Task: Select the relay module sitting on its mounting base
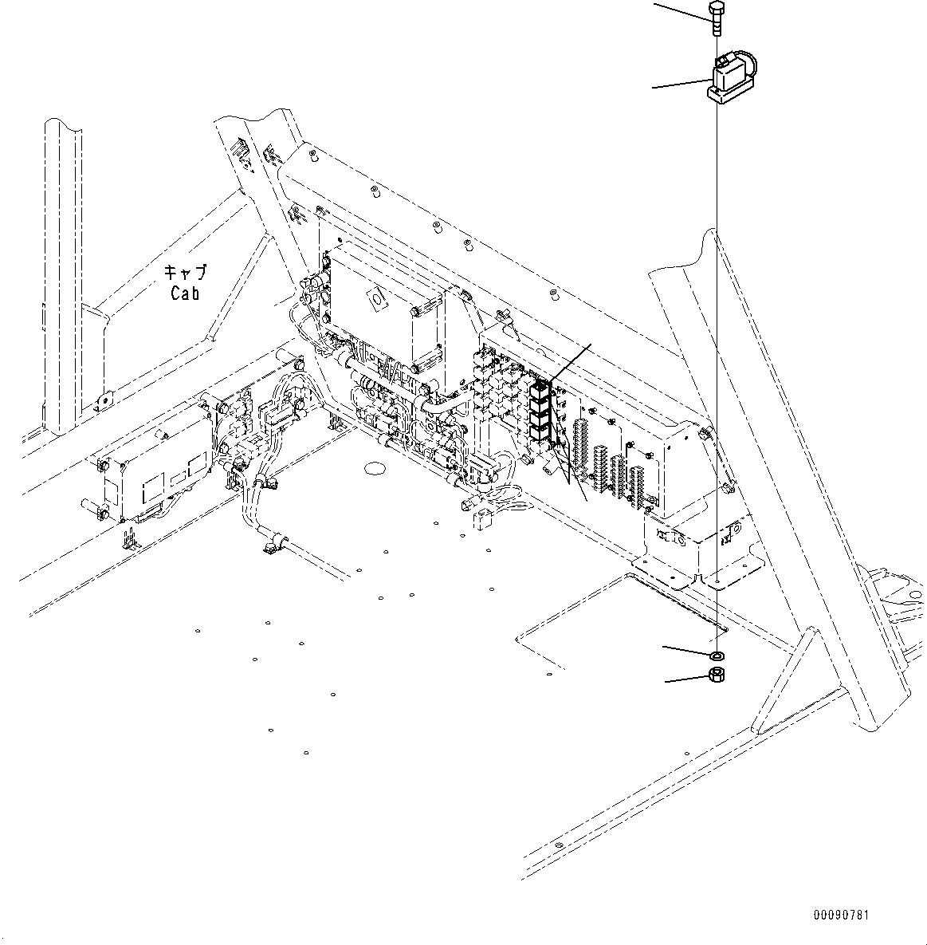[x=730, y=80]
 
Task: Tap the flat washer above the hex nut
[x=717, y=656]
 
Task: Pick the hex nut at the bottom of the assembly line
[x=717, y=677]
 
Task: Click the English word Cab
[x=185, y=293]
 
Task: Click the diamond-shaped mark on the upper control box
[x=374, y=301]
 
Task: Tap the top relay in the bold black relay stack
[x=540, y=388]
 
